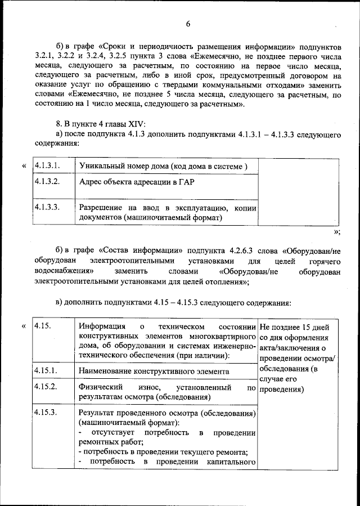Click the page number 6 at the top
188,23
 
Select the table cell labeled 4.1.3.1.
47,166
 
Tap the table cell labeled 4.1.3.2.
47,182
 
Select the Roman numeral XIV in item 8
128,123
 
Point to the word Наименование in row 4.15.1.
107,372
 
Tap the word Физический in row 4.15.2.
101,388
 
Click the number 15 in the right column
308,327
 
